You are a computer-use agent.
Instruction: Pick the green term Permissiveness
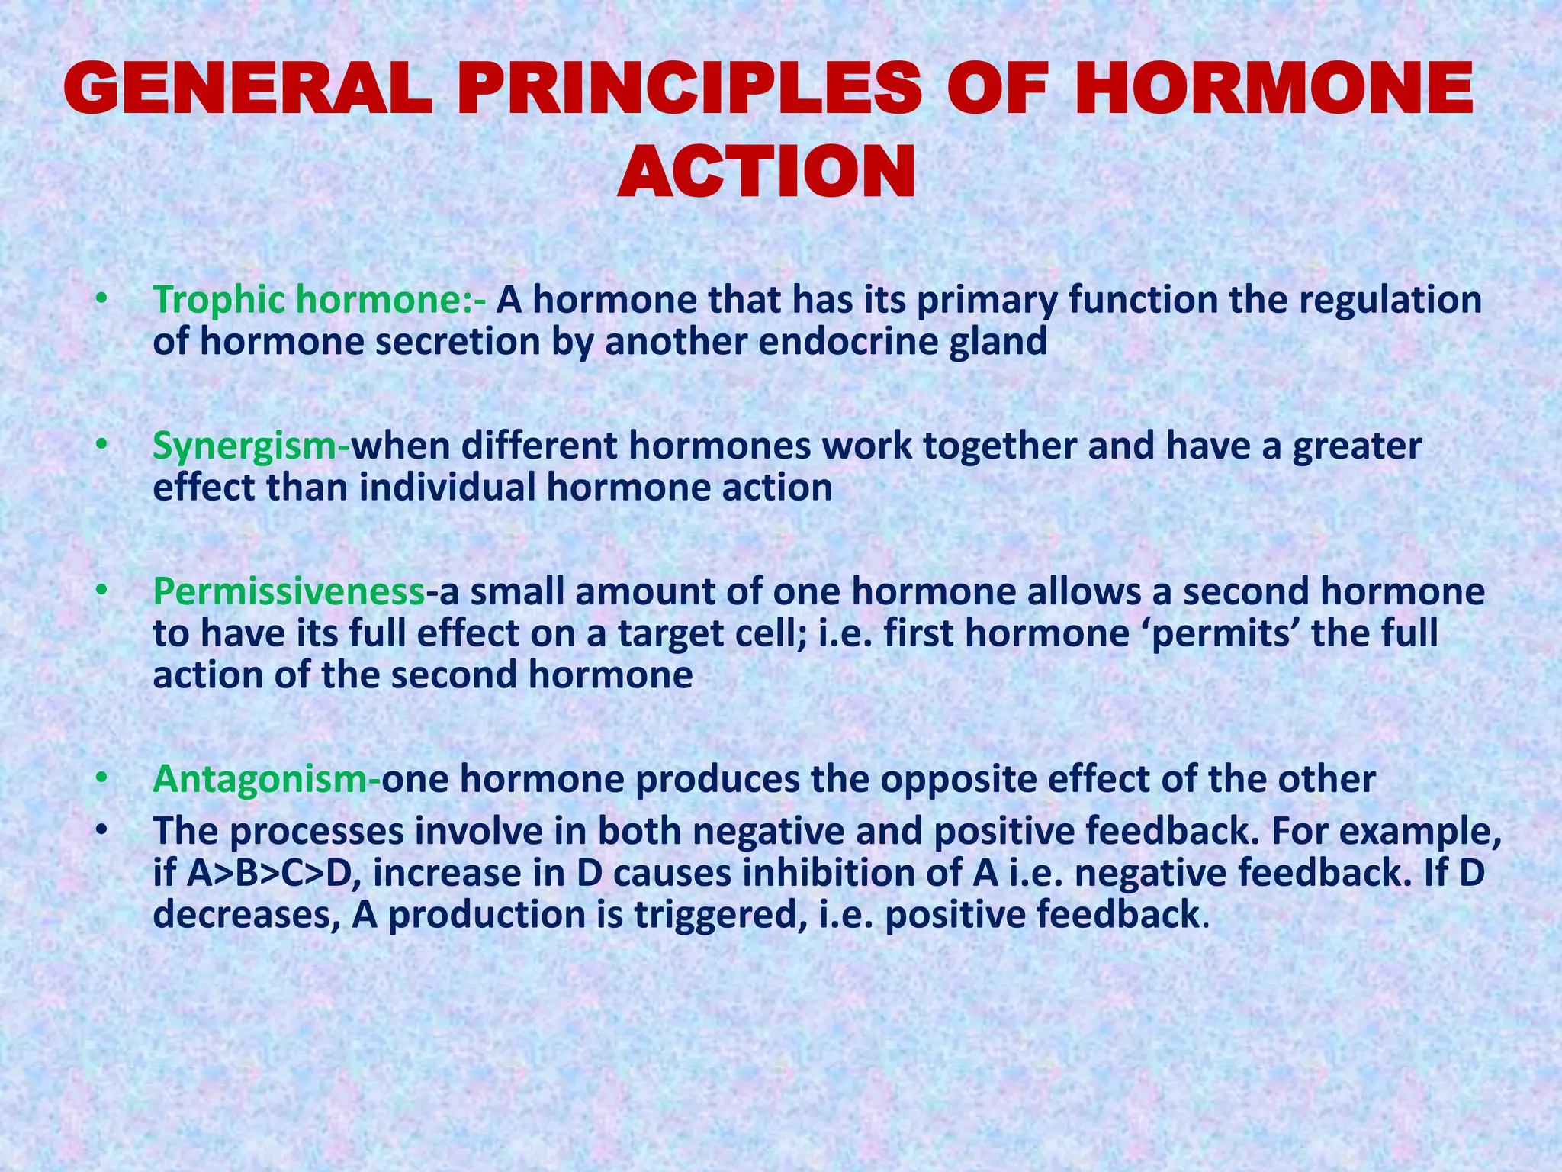[288, 592]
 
